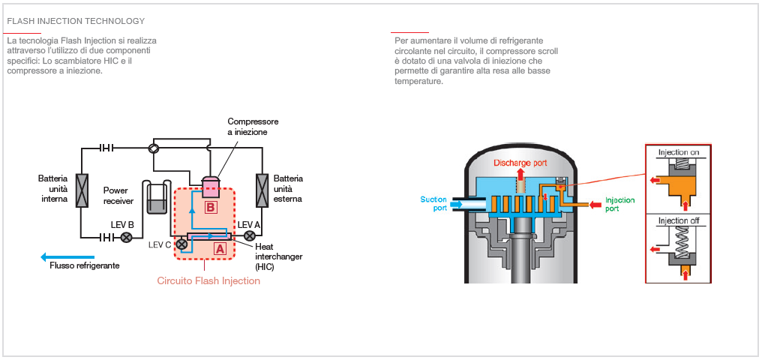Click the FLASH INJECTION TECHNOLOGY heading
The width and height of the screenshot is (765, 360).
[x=76, y=21]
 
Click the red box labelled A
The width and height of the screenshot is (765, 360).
[x=219, y=246]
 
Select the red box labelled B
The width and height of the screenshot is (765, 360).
[x=211, y=206]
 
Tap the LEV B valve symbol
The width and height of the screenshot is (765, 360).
[x=127, y=238]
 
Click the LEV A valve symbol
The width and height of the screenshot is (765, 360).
[x=250, y=237]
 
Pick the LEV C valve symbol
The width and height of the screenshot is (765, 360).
[x=181, y=244]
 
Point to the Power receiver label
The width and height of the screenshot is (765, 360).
[x=118, y=196]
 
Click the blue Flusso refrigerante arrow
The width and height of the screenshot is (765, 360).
[x=67, y=256]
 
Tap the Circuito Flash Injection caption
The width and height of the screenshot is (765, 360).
[x=208, y=281]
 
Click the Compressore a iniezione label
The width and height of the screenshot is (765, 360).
[x=253, y=127]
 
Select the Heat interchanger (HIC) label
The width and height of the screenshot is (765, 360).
[x=278, y=256]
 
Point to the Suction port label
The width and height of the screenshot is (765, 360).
[x=433, y=203]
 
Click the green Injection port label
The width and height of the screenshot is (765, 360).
[x=619, y=205]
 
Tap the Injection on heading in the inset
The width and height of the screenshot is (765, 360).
[x=678, y=152]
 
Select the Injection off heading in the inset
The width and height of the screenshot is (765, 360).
[x=678, y=221]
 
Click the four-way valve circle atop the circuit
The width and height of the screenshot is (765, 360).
[x=154, y=148]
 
